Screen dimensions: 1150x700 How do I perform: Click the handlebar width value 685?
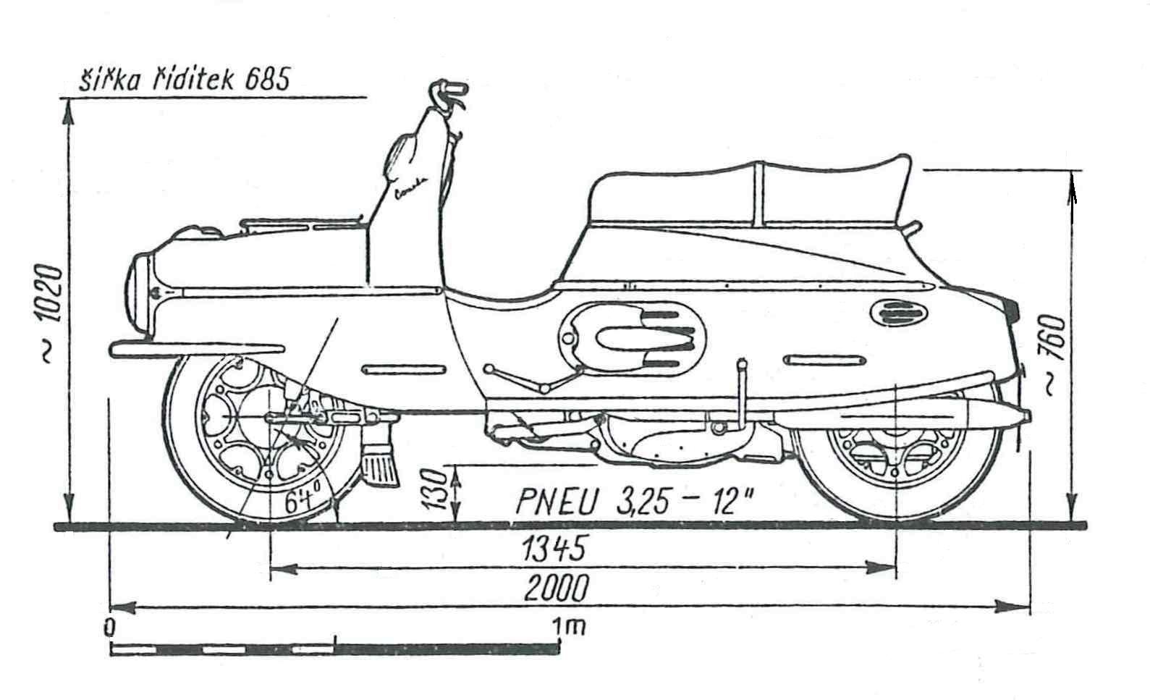click(x=267, y=79)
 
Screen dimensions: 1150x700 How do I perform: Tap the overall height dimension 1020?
click(x=52, y=292)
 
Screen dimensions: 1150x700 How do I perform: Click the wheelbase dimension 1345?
click(x=554, y=548)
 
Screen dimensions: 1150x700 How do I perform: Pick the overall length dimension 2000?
click(x=556, y=588)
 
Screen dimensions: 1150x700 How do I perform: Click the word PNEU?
click(x=557, y=501)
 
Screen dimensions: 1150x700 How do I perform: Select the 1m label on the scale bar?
click(x=569, y=627)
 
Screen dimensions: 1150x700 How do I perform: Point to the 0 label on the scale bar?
click(x=109, y=628)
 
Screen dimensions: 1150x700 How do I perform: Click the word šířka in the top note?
click(x=109, y=80)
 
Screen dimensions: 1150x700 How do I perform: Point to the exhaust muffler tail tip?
click(x=1026, y=415)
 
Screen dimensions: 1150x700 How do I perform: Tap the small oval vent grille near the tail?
click(x=898, y=312)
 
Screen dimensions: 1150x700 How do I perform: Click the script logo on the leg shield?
click(x=411, y=188)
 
